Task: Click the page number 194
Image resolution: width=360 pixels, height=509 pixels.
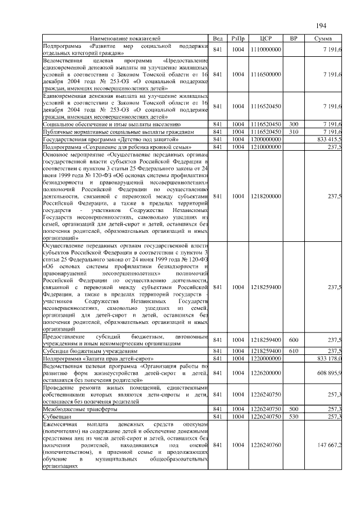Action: [321, 26]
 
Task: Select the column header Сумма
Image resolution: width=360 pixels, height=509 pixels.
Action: [323, 38]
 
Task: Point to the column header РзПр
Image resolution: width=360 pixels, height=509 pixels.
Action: [238, 38]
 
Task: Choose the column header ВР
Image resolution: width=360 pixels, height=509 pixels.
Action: [293, 38]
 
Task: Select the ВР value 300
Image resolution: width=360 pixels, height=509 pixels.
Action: [293, 124]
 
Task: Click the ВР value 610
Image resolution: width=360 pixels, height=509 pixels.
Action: [293, 350]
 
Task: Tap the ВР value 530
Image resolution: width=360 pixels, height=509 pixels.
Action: [293, 417]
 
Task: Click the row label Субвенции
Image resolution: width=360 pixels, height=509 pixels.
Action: [58, 417]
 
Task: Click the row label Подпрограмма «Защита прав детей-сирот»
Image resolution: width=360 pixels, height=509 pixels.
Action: [98, 357]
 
